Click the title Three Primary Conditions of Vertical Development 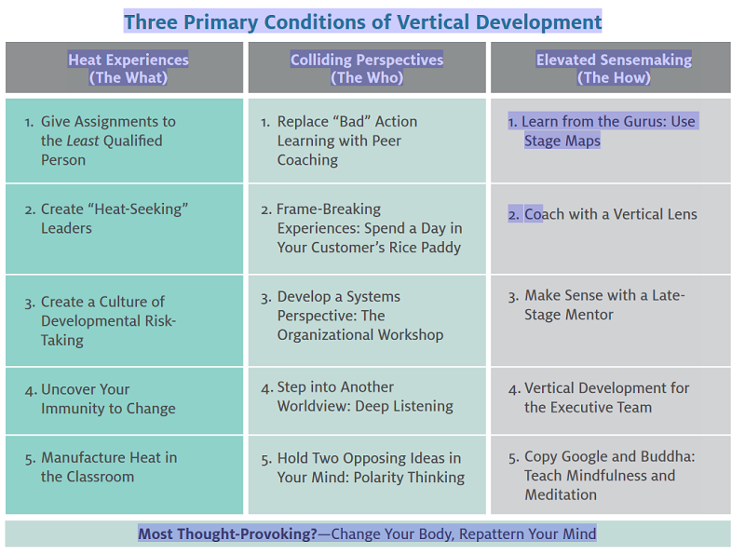coord(362,21)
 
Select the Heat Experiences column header coord(128,68)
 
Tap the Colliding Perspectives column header coord(367,68)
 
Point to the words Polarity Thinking coord(416,478)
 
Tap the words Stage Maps coord(562,142)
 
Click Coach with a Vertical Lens coord(610,214)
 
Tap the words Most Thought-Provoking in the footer coord(226,534)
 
